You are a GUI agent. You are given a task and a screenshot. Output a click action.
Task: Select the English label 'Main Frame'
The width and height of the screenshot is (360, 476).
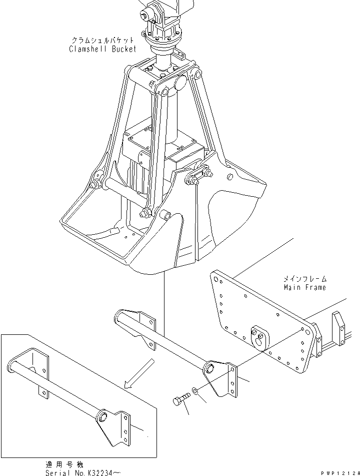pyautogui.click(x=304, y=287)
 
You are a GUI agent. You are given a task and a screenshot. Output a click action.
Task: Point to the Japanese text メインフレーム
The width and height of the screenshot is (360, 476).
pyautogui.click(x=305, y=279)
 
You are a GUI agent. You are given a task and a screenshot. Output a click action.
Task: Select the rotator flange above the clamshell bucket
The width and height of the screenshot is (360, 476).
pyautogui.click(x=161, y=38)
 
